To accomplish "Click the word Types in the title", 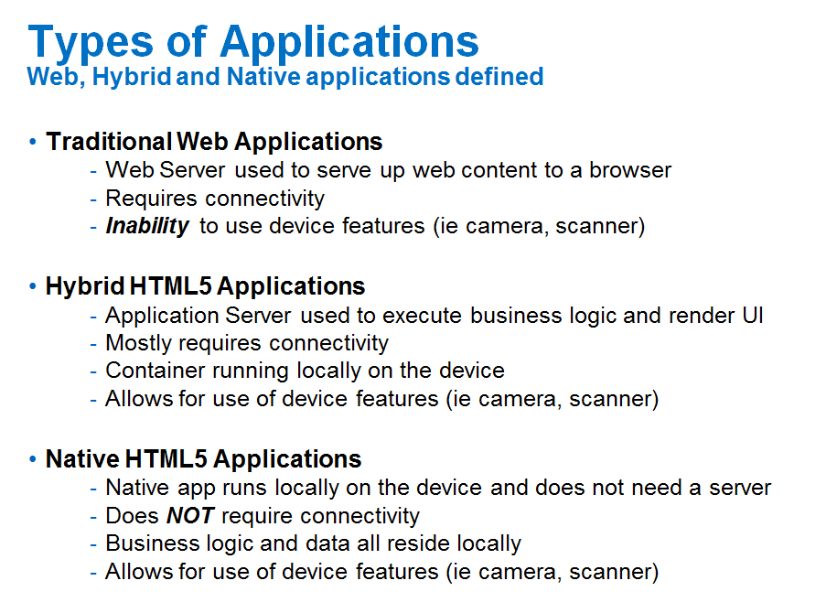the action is point(91,43).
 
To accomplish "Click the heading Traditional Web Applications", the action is point(214,142).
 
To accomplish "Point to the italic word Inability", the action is point(147,226).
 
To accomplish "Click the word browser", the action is point(630,170).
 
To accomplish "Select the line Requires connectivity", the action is point(215,199).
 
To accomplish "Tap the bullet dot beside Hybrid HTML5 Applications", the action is point(33,286).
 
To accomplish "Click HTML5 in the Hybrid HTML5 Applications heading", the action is point(170,286).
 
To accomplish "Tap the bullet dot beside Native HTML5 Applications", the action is point(33,459).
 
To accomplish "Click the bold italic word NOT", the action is point(190,516).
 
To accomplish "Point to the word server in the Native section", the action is point(740,488).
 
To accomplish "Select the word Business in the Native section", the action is point(152,543).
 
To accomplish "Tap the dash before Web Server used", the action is point(93,171).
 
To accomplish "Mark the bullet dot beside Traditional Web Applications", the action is point(33,142).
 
